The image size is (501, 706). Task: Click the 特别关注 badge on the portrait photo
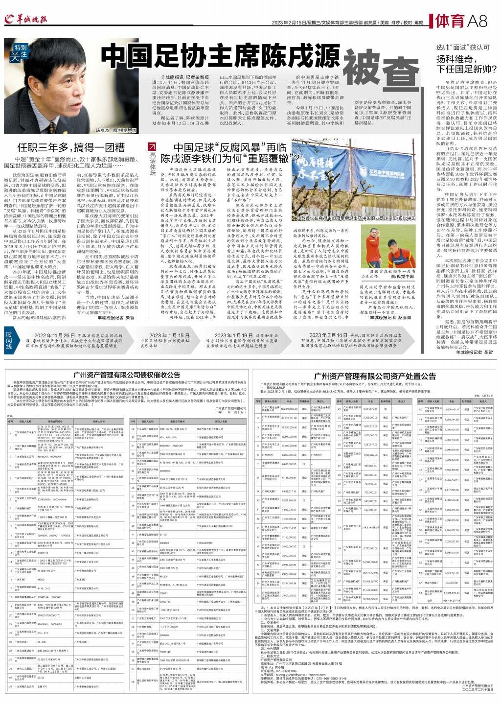20,52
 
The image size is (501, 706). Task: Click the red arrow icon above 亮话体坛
152,146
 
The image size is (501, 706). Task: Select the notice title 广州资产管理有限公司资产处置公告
374,376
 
